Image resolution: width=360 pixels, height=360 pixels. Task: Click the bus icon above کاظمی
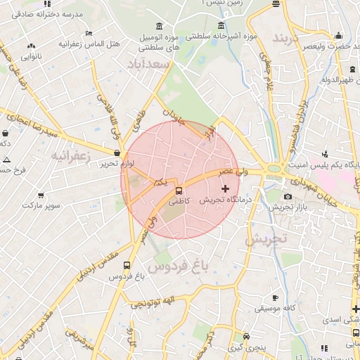tap(178, 190)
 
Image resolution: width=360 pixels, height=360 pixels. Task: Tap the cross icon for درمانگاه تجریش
tap(225, 188)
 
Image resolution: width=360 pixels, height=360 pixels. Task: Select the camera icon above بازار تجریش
tap(288, 196)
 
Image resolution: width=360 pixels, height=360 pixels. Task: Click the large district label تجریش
tap(266, 239)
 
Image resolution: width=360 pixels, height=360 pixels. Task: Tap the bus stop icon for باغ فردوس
tap(127, 266)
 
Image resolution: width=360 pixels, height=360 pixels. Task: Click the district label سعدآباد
tap(150, 64)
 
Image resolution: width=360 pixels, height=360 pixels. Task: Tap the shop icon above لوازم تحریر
tap(117, 152)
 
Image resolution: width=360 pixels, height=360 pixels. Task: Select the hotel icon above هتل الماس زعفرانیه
tap(88, 33)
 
